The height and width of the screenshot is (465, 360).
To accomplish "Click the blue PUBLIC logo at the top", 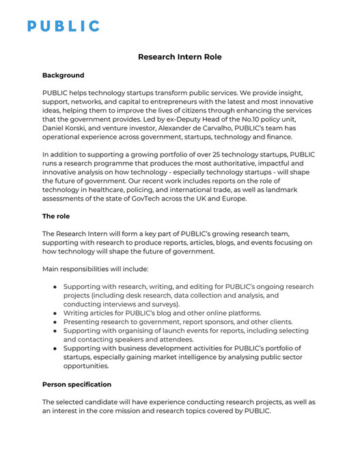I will pyautogui.click(x=63, y=26).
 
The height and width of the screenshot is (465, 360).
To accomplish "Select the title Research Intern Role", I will pyautogui.click(x=180, y=57).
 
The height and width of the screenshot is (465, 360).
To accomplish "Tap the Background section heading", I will pyautogui.click(x=64, y=75).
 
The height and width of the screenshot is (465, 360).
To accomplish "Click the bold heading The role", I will pyautogui.click(x=57, y=216).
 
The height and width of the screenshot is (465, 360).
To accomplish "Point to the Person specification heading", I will pyautogui.click(x=77, y=384).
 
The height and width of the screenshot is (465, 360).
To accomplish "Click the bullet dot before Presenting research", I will pyautogui.click(x=55, y=322).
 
